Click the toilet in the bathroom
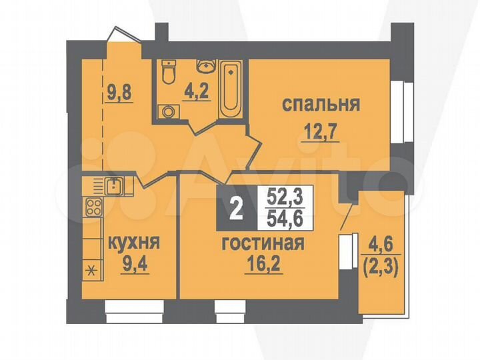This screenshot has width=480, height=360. click(x=169, y=70)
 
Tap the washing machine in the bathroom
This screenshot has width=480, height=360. click(x=169, y=111)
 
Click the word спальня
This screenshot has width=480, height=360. click(x=321, y=105)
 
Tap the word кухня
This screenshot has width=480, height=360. click(x=131, y=241)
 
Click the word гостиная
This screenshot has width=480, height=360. click(x=263, y=243)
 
